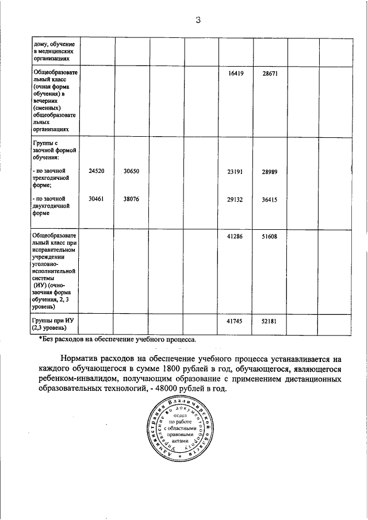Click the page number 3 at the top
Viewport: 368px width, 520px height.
click(197, 21)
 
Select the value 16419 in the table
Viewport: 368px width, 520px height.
click(236, 74)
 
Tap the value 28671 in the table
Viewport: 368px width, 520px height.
click(270, 74)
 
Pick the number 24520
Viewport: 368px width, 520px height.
click(97, 171)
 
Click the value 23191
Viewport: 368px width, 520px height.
click(236, 171)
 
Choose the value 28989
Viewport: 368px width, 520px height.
click(270, 171)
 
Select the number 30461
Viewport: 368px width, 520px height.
click(97, 199)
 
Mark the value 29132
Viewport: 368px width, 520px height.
click(236, 199)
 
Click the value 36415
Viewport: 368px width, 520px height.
click(270, 199)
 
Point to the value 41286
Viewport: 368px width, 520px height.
click(236, 236)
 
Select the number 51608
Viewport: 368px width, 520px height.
click(270, 236)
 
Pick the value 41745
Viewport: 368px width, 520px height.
click(236, 321)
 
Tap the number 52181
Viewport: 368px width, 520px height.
click(270, 321)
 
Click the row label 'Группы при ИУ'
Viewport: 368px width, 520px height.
click(51, 321)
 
